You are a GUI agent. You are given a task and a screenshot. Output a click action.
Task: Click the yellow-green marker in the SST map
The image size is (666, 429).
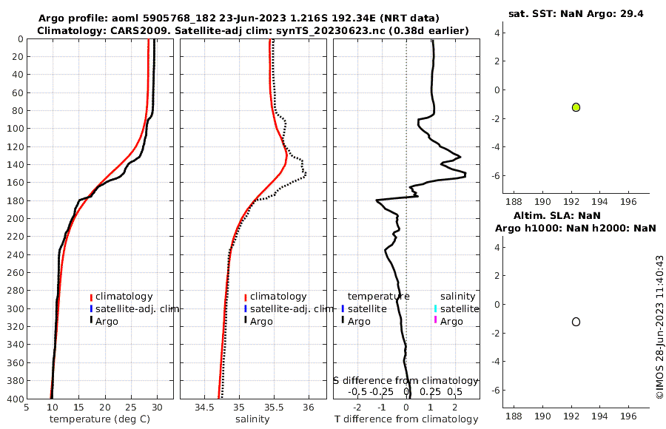pyautogui.click(x=576, y=107)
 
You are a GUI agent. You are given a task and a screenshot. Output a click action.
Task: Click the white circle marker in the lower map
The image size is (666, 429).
pyautogui.click(x=576, y=322)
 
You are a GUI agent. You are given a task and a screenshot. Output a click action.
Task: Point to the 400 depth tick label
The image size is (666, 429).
pyautogui.click(x=14, y=399)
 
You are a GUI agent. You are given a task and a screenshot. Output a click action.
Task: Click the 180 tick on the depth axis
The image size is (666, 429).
pyautogui.click(x=14, y=200)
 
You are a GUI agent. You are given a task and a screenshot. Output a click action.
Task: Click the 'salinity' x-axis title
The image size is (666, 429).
pyautogui.click(x=252, y=419)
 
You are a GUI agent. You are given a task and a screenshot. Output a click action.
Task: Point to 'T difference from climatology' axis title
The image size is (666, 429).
pyautogui.click(x=406, y=419)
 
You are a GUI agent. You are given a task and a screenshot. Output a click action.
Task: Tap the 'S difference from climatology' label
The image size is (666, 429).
pyautogui.click(x=406, y=379)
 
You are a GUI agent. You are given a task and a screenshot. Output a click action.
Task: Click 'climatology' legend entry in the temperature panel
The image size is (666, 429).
pyautogui.click(x=124, y=296)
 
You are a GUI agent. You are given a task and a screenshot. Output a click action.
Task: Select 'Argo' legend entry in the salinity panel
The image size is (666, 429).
pyautogui.click(x=261, y=321)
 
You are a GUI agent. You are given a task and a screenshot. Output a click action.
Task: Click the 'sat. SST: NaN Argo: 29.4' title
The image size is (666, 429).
pyautogui.click(x=576, y=14)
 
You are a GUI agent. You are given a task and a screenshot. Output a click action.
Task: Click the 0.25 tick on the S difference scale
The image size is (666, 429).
pyautogui.click(x=430, y=391)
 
